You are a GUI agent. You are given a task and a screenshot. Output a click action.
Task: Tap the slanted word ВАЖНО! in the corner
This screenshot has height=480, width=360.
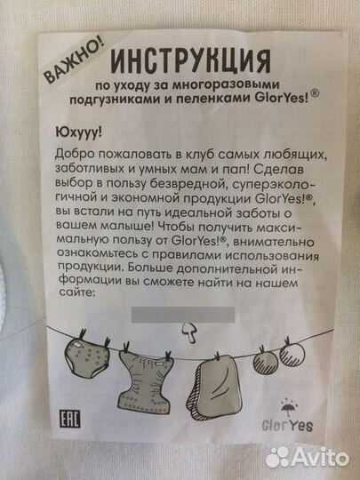tap(74, 63)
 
